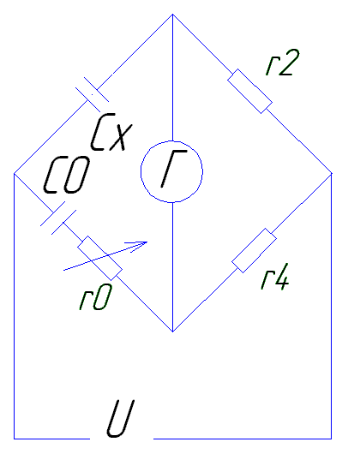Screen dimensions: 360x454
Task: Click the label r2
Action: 283,63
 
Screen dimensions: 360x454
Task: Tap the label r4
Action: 275,277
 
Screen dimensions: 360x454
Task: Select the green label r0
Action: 95,296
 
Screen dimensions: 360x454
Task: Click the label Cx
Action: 111,132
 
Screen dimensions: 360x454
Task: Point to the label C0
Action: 67,175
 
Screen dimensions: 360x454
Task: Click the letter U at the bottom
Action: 120,418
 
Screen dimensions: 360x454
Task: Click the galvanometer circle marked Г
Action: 171,171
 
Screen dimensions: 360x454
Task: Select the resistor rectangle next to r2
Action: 249,91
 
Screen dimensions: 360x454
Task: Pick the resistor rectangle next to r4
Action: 254,250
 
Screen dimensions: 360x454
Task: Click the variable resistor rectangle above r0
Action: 99,258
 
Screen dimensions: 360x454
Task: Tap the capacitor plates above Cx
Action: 92,94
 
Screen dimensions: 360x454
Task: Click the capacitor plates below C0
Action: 58,218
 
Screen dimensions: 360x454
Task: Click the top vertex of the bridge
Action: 172,14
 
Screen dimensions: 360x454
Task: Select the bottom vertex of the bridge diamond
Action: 172,332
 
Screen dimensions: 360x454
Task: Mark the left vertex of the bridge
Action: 14,174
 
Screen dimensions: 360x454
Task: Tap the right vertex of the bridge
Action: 332,173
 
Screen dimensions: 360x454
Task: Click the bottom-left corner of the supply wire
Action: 15,439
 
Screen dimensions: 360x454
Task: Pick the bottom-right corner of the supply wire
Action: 332,439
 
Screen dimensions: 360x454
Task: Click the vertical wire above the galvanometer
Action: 172,77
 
